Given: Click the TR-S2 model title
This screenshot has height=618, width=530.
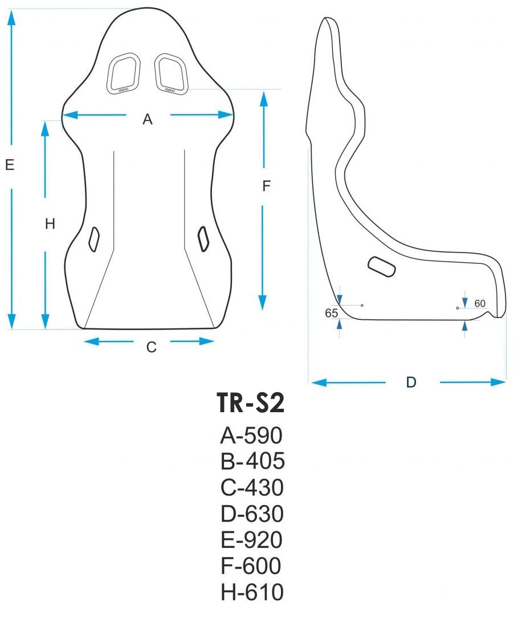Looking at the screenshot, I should [250, 404].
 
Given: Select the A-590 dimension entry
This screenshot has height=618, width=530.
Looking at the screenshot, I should [251, 436].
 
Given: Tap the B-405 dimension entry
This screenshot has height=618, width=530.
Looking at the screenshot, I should [252, 462].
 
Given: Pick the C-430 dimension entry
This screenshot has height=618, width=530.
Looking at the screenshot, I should [252, 488].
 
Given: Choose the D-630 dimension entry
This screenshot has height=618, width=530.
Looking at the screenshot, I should [252, 514].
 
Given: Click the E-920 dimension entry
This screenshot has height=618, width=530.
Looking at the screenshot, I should [251, 540].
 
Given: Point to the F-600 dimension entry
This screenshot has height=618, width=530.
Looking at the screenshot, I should [251, 566].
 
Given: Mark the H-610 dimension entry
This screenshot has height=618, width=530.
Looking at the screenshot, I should [252, 592].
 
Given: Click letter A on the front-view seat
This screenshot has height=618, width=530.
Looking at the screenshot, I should [148, 120].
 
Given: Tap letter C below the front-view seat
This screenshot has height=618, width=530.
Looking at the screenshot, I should [151, 347].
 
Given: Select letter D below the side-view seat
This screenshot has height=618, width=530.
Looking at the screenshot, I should [411, 383].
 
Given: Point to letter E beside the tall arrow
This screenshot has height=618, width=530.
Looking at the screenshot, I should [9, 165].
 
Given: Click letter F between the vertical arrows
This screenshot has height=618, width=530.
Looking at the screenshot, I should [266, 186].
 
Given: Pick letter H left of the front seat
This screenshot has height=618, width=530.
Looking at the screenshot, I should [50, 225].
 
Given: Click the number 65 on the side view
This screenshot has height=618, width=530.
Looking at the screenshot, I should [331, 313].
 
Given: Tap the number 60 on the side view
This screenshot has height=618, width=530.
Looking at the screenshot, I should [480, 303].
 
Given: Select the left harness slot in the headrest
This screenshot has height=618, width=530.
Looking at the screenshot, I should [124, 73].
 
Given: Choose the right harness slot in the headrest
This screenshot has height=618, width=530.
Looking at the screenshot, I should [171, 73].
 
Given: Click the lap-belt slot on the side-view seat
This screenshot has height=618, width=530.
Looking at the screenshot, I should [382, 266].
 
